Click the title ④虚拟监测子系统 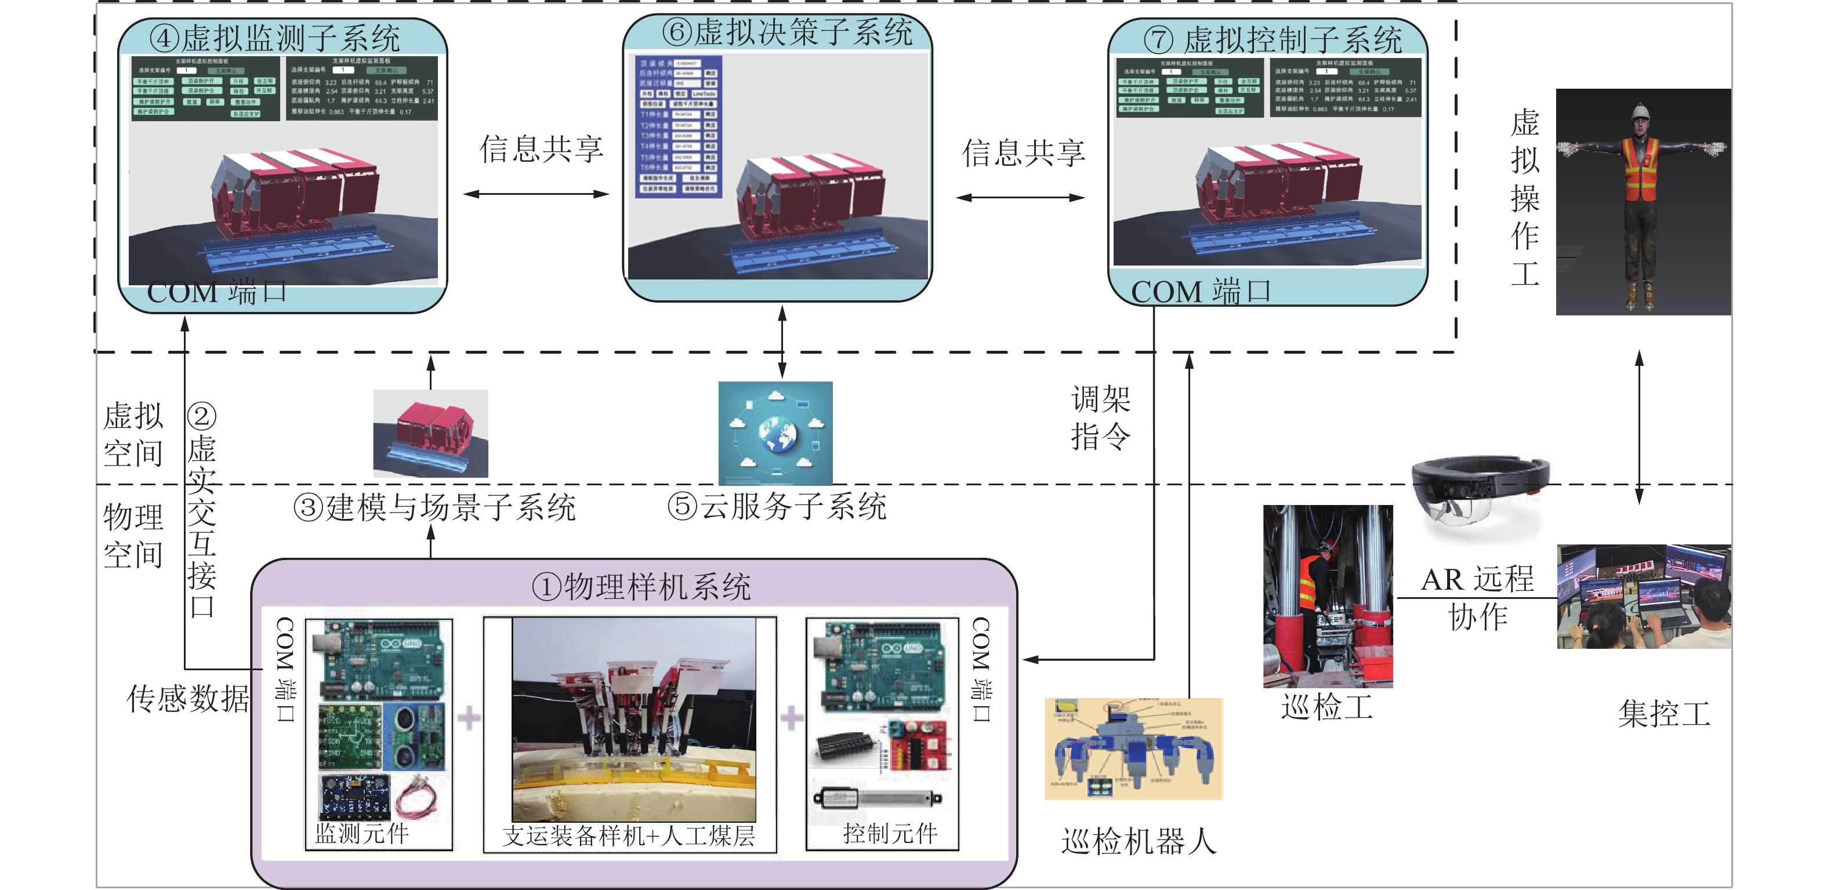pyautogui.click(x=274, y=38)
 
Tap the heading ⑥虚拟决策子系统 pyautogui.click(x=786, y=32)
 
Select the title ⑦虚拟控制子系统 pyautogui.click(x=1273, y=39)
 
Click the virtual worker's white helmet pyautogui.click(x=1640, y=111)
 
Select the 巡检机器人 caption pyautogui.click(x=1139, y=841)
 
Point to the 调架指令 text pyautogui.click(x=1100, y=417)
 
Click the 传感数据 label pyautogui.click(x=187, y=699)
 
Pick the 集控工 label pyautogui.click(x=1664, y=713)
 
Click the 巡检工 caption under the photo pyautogui.click(x=1326, y=707)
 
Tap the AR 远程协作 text pyautogui.click(x=1477, y=598)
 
